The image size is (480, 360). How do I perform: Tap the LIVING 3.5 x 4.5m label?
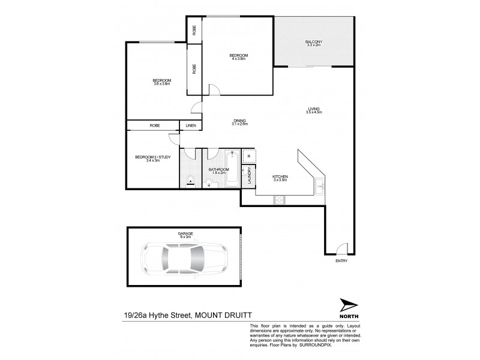(314, 110)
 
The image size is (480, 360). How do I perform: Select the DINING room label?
(240, 122)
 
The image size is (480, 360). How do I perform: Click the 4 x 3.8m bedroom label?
(238, 57)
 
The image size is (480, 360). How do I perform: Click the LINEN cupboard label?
(190, 125)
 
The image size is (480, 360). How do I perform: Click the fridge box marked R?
(249, 156)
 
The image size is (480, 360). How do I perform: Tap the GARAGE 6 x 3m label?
(184, 235)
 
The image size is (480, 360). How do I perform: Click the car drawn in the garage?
(182, 260)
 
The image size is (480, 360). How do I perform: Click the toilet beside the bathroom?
(189, 178)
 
